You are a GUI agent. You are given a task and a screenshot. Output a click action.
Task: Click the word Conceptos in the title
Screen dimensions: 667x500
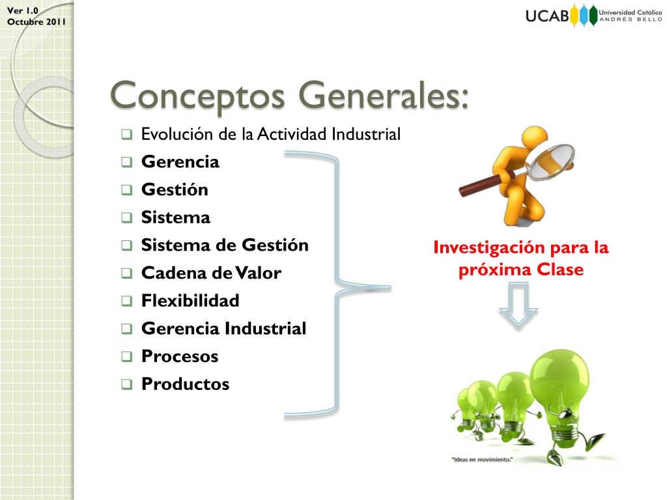pos(198,96)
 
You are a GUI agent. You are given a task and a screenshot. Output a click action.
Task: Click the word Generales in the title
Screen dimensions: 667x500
pos(383,96)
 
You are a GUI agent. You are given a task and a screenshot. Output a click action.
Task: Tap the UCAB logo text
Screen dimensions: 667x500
pos(547,16)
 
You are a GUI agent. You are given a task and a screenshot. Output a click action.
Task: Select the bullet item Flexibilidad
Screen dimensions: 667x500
pos(190,301)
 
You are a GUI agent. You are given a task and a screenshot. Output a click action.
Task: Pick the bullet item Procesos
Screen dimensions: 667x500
pos(180,357)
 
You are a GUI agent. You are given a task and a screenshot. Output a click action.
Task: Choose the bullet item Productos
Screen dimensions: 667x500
pos(185,384)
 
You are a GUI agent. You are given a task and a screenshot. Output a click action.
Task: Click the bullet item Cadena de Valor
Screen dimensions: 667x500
pos(211,273)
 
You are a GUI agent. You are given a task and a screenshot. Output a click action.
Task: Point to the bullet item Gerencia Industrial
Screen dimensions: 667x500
pos(223,329)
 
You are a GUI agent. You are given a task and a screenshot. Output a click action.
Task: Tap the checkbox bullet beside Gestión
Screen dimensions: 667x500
pos(127,191)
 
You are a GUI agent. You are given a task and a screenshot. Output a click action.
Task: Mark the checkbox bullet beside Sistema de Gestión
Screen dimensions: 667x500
pos(127,246)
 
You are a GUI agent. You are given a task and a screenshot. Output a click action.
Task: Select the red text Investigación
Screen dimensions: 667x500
pos(481,248)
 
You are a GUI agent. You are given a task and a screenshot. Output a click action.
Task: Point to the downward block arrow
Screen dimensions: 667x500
pos(518,309)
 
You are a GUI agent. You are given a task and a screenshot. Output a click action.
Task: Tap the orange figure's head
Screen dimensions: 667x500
pos(533,138)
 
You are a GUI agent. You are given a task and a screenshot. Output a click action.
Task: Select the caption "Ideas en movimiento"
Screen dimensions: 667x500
pos(482,460)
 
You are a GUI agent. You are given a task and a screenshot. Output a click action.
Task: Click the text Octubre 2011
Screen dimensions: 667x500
pos(36,21)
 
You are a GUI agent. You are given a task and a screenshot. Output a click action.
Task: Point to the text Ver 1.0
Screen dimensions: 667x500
pos(23,10)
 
